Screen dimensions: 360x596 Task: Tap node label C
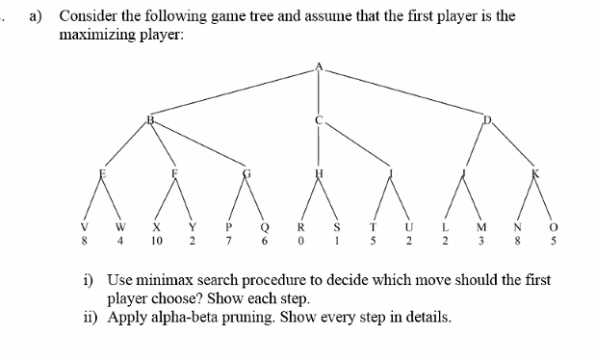coord(321,121)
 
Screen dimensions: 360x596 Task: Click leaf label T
coord(375,229)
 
